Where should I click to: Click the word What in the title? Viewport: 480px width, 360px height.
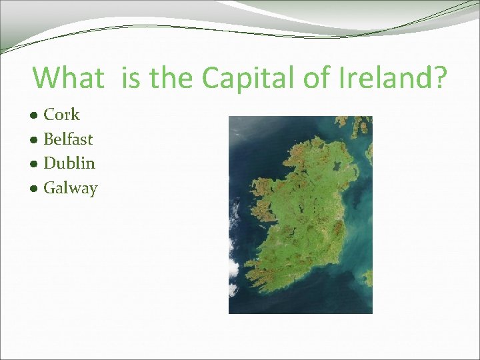pyautogui.click(x=68, y=78)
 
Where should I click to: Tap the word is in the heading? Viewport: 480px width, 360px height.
pyautogui.click(x=132, y=78)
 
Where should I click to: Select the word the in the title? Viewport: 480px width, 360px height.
pyautogui.click(x=172, y=78)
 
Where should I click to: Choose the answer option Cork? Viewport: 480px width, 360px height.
pyautogui.click(x=61, y=115)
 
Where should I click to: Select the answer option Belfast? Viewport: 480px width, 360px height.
pyautogui.click(x=68, y=139)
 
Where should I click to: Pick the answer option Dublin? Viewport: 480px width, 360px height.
pyautogui.click(x=69, y=163)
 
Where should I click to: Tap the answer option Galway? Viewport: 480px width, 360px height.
pyautogui.click(x=70, y=189)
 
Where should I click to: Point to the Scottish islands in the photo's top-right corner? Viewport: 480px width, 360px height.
pyautogui.click(x=360, y=127)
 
